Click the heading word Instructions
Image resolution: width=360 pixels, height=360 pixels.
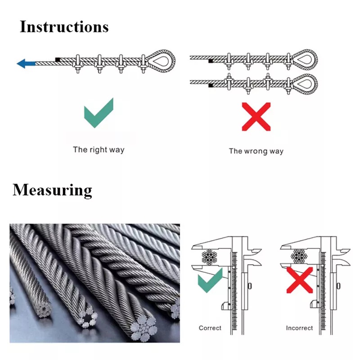click(x=64, y=27)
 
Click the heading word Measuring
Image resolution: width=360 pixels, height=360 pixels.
click(x=52, y=190)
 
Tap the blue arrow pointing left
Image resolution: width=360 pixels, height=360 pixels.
click(x=26, y=63)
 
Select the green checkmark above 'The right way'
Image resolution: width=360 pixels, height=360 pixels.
click(x=99, y=114)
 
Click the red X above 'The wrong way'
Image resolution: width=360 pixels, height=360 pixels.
click(x=256, y=116)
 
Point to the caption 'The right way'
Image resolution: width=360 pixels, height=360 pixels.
click(x=99, y=149)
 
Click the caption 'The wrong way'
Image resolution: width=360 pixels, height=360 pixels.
click(x=256, y=151)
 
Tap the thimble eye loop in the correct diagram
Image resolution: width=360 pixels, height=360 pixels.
click(x=162, y=60)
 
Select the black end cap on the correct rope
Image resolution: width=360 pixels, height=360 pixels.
click(x=58, y=59)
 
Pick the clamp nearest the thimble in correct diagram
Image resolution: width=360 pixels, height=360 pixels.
click(x=144, y=63)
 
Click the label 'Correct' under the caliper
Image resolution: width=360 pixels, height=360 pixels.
click(x=210, y=328)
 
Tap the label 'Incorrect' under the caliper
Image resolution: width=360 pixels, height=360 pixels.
click(x=299, y=328)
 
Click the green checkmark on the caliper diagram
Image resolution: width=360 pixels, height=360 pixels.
click(x=210, y=280)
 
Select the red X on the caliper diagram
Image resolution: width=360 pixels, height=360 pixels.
click(x=300, y=280)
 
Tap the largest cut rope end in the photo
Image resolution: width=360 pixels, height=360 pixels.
click(x=142, y=324)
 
